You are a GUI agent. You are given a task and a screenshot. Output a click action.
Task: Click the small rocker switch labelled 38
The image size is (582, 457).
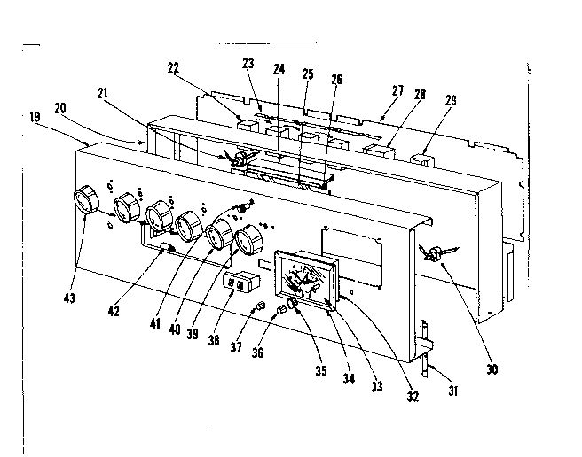coord(240,284)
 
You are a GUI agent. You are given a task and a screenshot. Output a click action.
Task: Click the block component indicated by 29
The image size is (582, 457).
coord(422,161)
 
